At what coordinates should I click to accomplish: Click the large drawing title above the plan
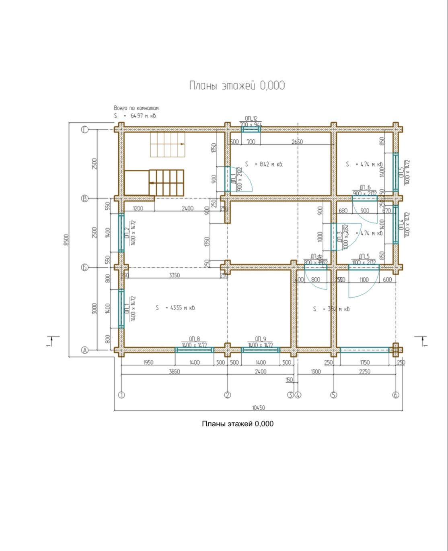pos(237,85)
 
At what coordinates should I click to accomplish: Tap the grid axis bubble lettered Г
pos(85,130)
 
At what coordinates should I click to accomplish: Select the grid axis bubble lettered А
pos(85,350)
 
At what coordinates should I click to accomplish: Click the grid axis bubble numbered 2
pos(228,395)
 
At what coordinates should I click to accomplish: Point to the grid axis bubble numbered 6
pos(396,395)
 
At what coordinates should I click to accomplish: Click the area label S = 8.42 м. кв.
pos(264,164)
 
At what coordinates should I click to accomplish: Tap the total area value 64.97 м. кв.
pos(143,116)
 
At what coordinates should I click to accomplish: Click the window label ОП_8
pos(194,339)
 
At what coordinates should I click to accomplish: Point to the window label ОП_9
pos(261,339)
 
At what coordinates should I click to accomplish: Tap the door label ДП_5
pos(364,256)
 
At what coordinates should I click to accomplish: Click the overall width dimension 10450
pos(259,408)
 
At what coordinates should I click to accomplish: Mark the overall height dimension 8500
pos(66,240)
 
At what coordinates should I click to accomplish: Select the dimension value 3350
pos(174,275)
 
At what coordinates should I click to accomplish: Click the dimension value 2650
pos(297,142)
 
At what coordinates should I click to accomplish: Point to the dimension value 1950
pos(148,362)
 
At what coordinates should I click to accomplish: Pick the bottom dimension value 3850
pos(174,371)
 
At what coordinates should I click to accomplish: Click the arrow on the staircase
pos(182,143)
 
